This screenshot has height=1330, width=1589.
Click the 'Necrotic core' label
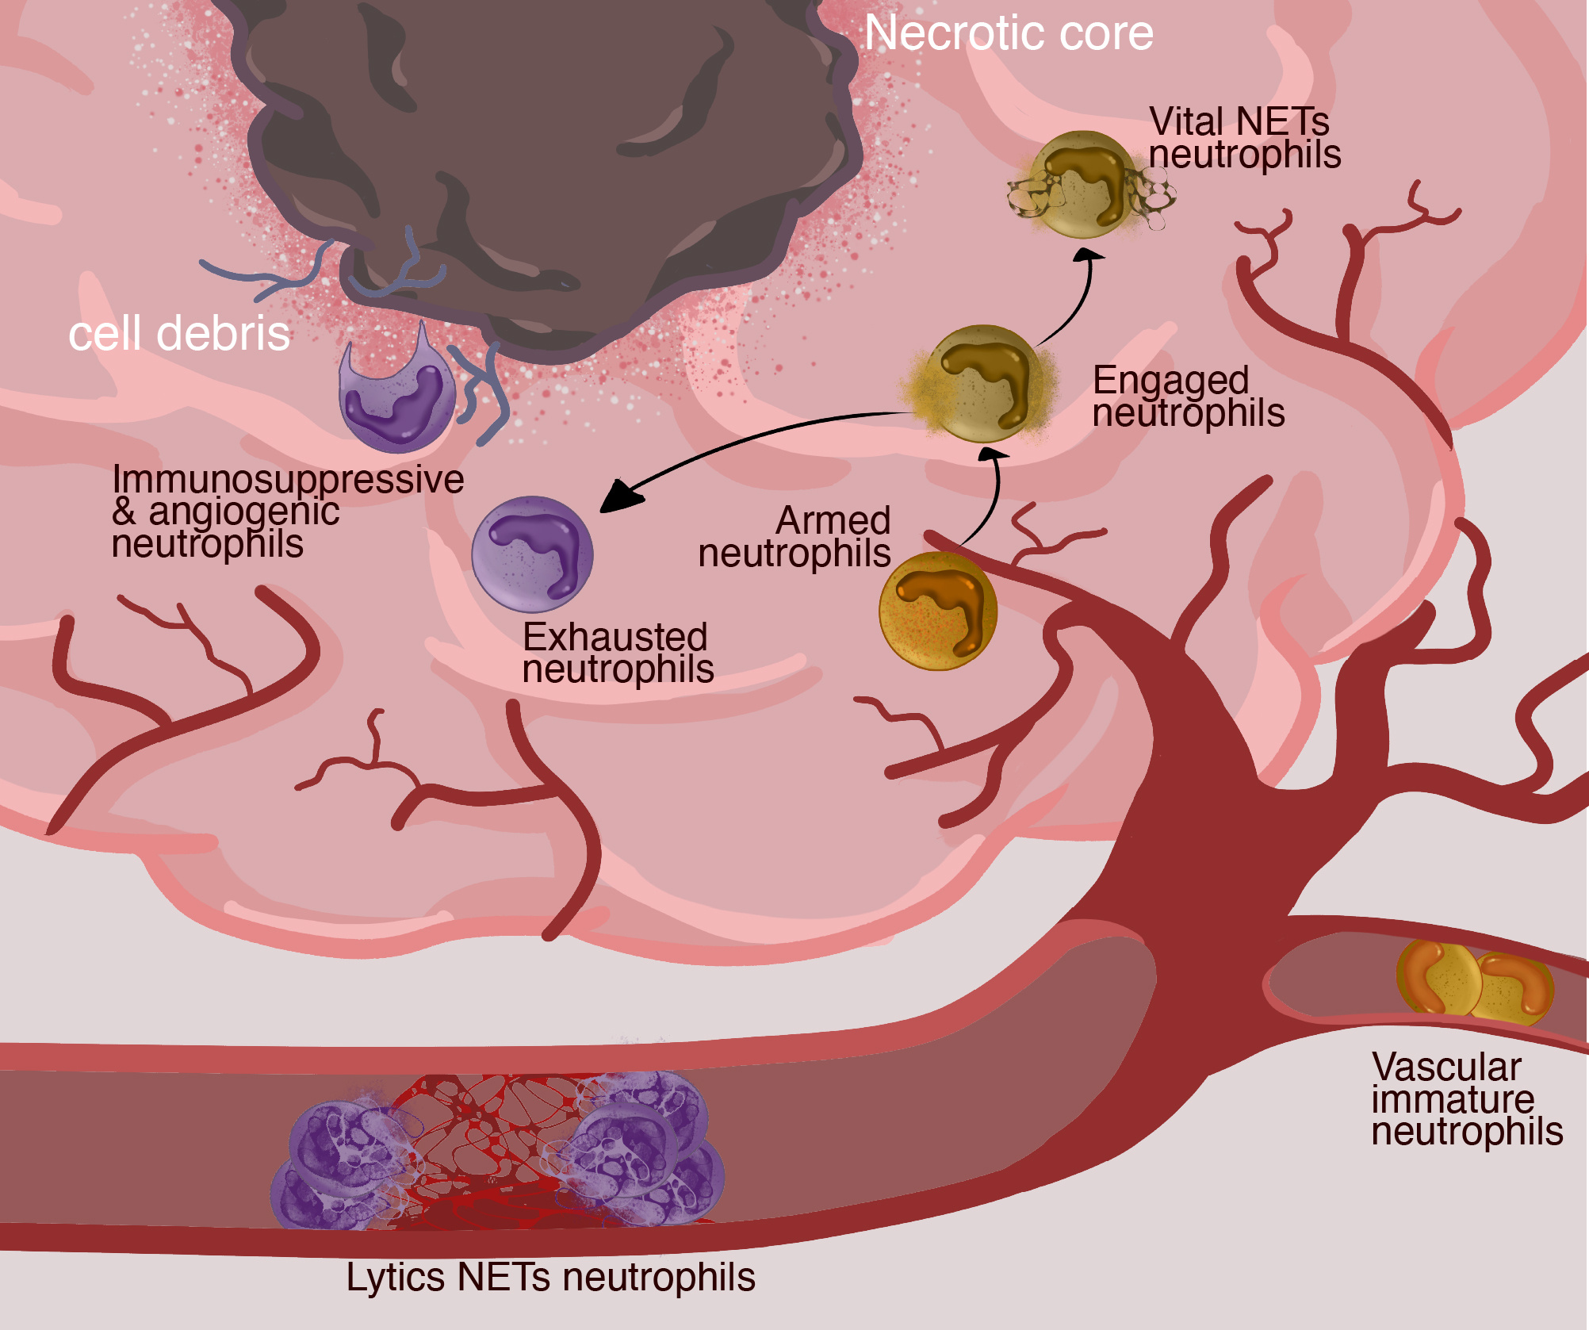click(1008, 33)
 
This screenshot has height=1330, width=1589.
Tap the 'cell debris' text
click(179, 334)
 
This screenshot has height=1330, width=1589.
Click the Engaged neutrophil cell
click(982, 384)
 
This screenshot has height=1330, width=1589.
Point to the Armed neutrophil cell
click(938, 611)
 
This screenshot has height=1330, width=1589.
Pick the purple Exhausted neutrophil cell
click(532, 554)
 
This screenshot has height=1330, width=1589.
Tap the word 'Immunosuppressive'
click(288, 479)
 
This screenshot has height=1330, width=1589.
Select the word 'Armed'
click(833, 521)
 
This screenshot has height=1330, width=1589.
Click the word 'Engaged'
click(1170, 381)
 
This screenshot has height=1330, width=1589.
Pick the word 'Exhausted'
click(615, 637)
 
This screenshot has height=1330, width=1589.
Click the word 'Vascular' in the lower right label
click(1446, 1067)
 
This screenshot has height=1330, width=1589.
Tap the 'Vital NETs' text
click(1239, 122)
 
